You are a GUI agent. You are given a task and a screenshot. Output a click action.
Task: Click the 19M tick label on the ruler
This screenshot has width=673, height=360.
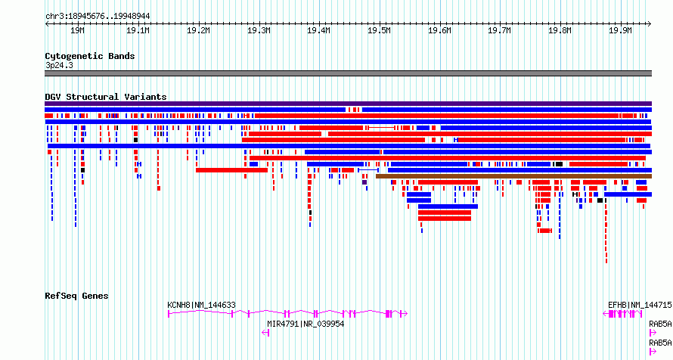click(77, 30)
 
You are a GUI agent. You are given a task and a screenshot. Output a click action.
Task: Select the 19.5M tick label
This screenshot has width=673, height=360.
click(379, 30)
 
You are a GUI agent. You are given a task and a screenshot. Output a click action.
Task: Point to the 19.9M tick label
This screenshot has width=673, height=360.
click(620, 30)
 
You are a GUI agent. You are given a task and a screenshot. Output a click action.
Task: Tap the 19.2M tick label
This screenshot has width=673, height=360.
click(198, 30)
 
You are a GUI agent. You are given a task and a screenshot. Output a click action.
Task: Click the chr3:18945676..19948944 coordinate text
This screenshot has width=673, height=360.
click(98, 17)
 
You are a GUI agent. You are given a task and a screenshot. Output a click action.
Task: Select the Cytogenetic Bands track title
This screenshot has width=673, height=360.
click(90, 56)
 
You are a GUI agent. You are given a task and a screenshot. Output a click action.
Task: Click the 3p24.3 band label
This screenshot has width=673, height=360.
click(59, 65)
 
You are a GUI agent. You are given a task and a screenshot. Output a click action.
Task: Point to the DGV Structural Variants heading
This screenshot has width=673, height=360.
click(106, 97)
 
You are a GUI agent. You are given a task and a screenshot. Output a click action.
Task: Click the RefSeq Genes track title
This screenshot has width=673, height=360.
click(76, 296)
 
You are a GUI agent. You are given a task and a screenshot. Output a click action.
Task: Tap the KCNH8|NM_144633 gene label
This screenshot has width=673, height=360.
click(201, 305)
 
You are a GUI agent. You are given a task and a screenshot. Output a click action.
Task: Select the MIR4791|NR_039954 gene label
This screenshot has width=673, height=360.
click(305, 324)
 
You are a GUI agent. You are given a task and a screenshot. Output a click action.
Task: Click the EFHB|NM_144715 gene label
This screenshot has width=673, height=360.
click(640, 305)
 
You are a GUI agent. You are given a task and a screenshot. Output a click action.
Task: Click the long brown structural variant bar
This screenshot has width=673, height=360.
click(513, 176)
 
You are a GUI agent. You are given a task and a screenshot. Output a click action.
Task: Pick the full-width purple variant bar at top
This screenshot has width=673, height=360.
click(348, 104)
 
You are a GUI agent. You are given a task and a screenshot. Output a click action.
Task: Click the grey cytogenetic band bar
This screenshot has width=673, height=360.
click(348, 73)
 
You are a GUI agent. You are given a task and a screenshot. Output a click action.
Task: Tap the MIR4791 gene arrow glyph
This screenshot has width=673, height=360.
click(265, 333)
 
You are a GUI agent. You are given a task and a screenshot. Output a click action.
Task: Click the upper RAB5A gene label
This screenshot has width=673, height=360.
click(660, 324)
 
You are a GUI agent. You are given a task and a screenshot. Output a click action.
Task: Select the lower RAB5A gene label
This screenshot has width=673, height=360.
click(660, 343)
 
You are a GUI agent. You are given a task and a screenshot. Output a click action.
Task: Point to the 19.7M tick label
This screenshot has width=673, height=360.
click(500, 30)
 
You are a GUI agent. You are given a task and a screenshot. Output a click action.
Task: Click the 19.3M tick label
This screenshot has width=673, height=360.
click(259, 30)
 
